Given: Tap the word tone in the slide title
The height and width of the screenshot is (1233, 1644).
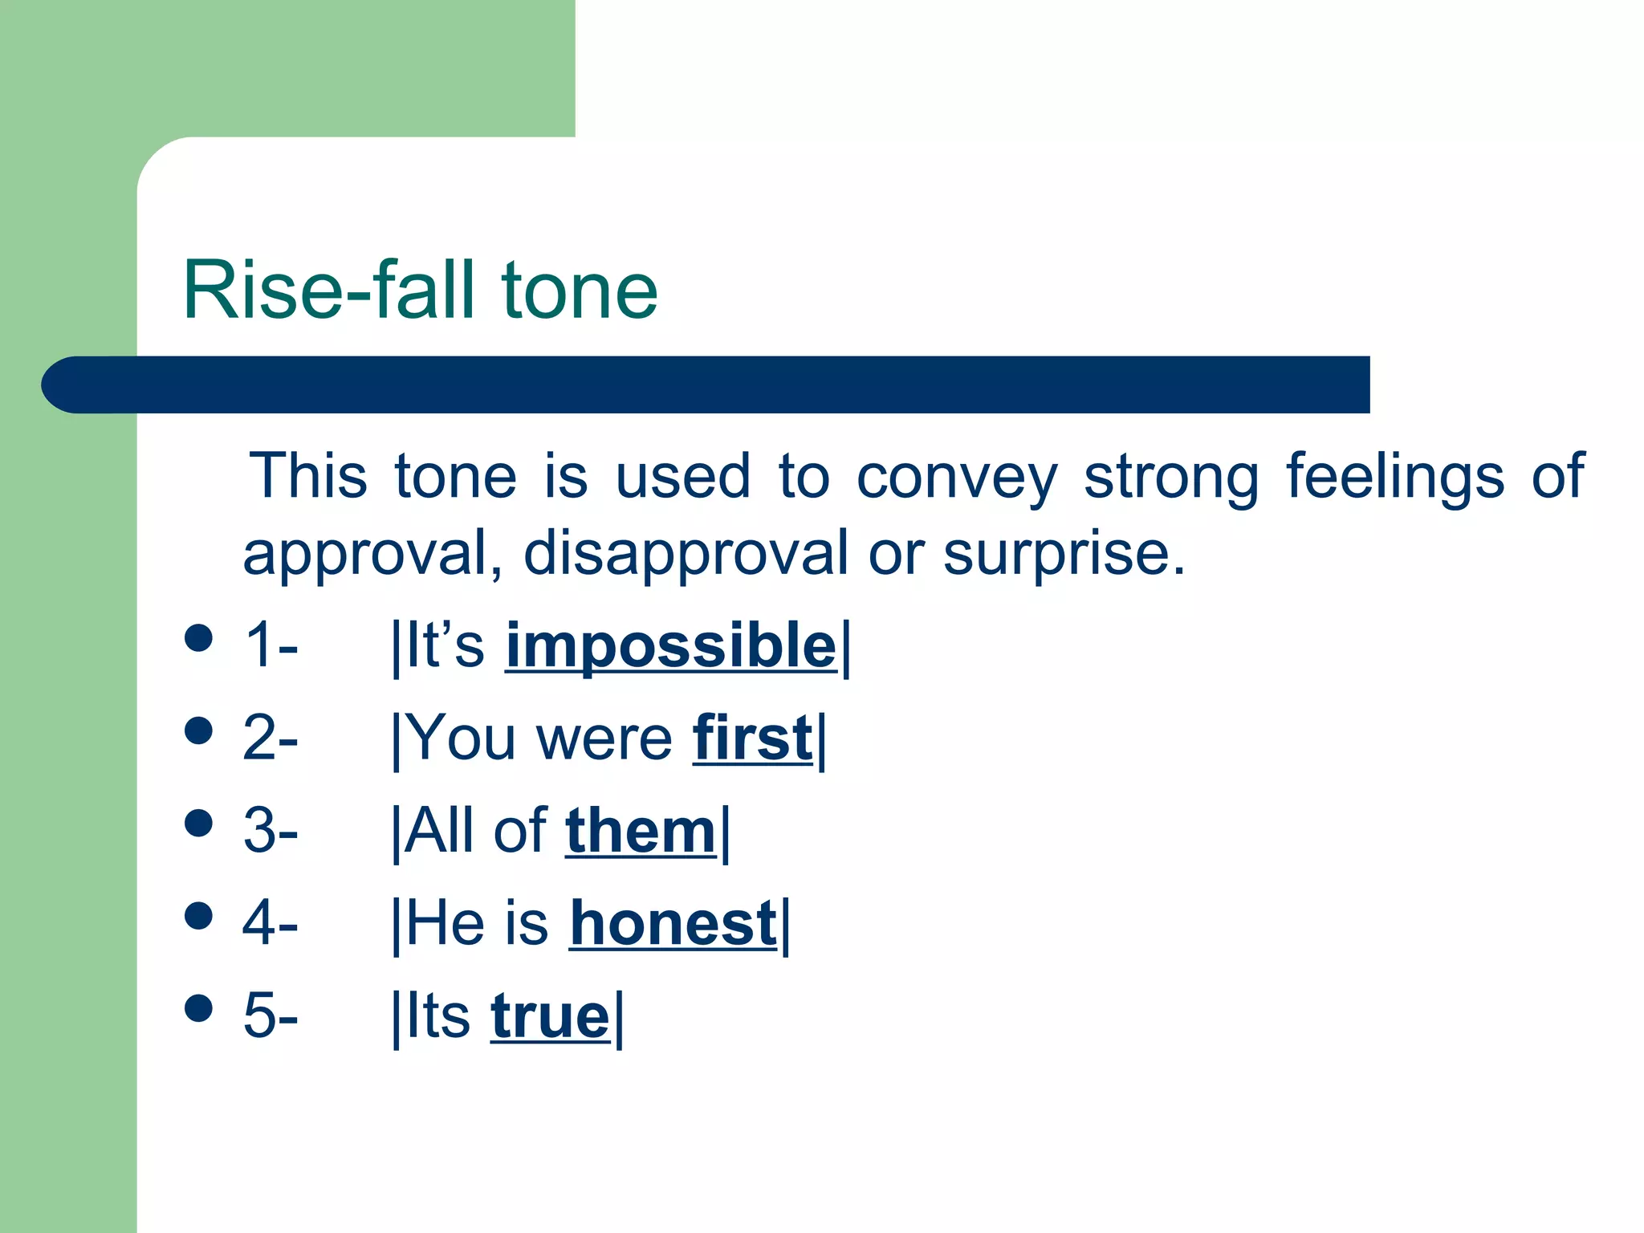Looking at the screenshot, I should click(x=579, y=291).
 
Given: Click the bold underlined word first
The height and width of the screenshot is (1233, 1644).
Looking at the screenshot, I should click(x=752, y=738).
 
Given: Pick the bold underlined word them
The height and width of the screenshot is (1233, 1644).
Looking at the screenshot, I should click(x=641, y=831).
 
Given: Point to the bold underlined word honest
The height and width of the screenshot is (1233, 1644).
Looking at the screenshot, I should click(x=673, y=924).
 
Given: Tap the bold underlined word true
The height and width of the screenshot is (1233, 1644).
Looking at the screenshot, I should click(x=551, y=1016).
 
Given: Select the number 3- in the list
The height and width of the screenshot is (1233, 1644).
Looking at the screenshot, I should click(x=271, y=831).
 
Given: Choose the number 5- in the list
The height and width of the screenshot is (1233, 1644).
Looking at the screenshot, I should click(x=271, y=1016).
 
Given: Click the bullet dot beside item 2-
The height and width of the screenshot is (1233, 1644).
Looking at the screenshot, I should click(x=198, y=731).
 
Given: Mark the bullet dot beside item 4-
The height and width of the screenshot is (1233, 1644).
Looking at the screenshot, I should click(x=198, y=916).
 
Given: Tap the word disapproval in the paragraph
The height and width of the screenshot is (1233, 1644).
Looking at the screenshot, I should click(x=686, y=555).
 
